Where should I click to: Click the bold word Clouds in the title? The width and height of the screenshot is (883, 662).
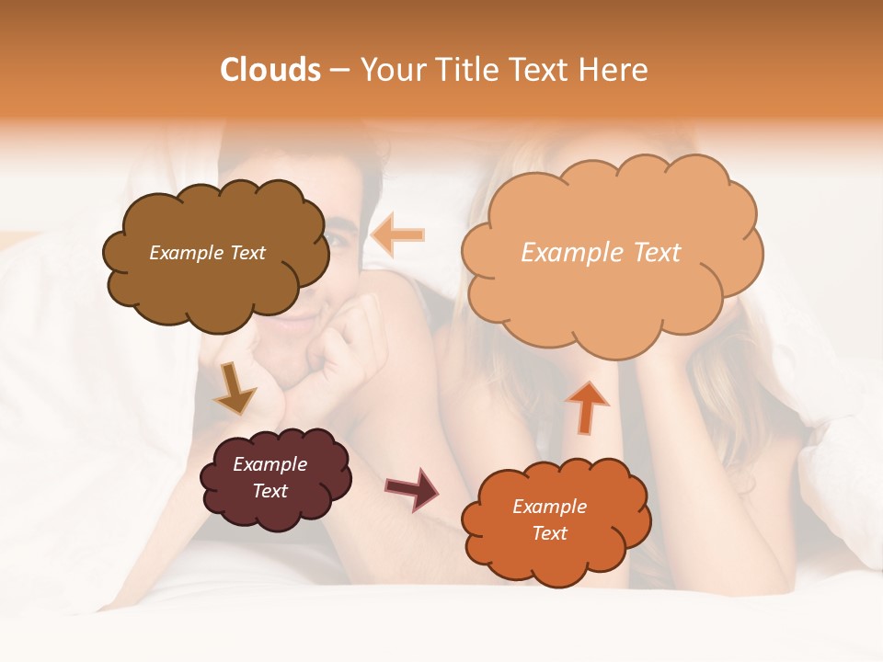(270, 70)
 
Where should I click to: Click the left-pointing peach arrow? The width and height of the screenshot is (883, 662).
(398, 234)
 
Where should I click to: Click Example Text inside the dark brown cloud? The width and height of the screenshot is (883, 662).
(207, 253)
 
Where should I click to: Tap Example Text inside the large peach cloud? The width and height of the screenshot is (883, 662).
(601, 253)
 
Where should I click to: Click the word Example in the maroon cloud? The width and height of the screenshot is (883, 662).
(269, 464)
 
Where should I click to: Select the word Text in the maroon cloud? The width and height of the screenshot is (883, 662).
(269, 491)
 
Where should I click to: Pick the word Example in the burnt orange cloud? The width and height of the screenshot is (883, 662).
(549, 507)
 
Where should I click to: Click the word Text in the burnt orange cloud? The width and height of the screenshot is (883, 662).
(549, 533)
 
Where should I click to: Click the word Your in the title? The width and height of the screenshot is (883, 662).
(391, 70)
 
